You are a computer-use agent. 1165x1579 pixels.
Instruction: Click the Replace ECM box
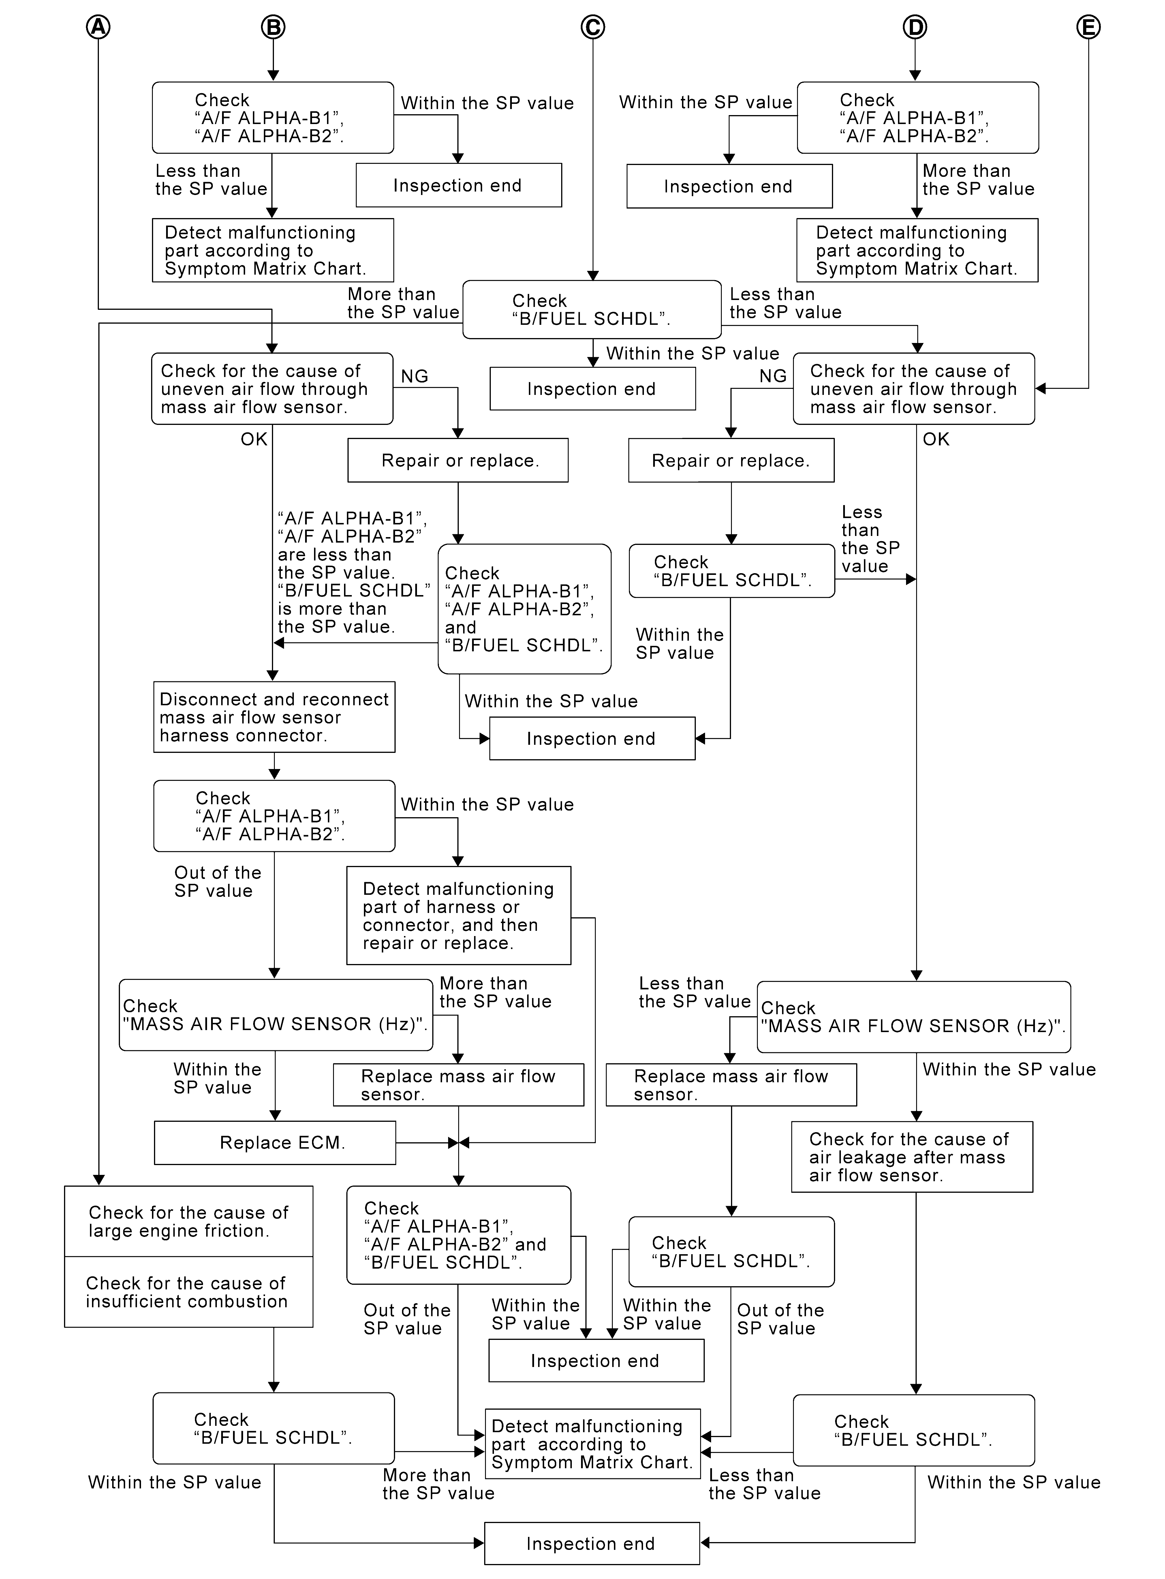click(x=275, y=1143)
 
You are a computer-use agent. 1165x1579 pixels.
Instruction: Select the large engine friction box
click(x=188, y=1221)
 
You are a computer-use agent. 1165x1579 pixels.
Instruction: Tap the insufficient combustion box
click(x=188, y=1292)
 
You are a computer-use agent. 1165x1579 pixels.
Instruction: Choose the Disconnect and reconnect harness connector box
click(x=274, y=717)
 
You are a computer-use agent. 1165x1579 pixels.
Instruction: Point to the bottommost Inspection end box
click(x=592, y=1544)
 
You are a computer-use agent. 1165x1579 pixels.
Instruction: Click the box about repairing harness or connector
click(x=459, y=915)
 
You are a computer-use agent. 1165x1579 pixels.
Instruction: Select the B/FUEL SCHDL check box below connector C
click(x=592, y=310)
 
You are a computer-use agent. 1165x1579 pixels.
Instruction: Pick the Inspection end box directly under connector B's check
click(x=459, y=185)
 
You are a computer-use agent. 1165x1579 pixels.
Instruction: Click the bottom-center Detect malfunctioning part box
click(x=592, y=1444)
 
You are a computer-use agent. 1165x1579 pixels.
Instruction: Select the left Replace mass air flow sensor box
click(x=459, y=1085)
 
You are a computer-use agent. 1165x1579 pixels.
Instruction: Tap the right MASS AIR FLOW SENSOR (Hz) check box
click(x=914, y=1017)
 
